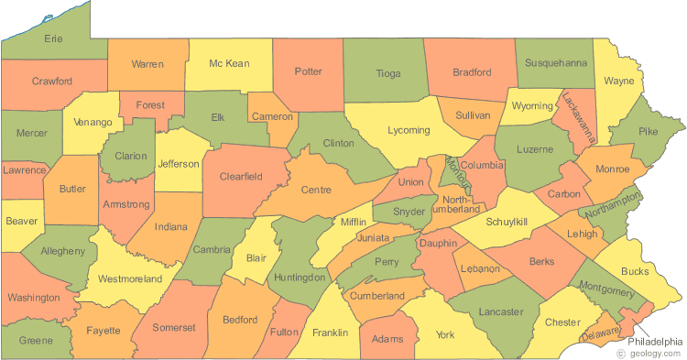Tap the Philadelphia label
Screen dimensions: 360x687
pos(655,341)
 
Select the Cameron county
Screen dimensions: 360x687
pos(273,116)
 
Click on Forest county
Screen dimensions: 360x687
pos(150,105)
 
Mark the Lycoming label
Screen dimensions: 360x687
pos(408,131)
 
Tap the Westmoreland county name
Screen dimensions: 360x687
pos(129,278)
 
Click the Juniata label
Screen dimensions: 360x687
pos(372,237)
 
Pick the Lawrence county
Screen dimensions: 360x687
pos(24,170)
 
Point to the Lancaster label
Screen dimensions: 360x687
pos(501,312)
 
